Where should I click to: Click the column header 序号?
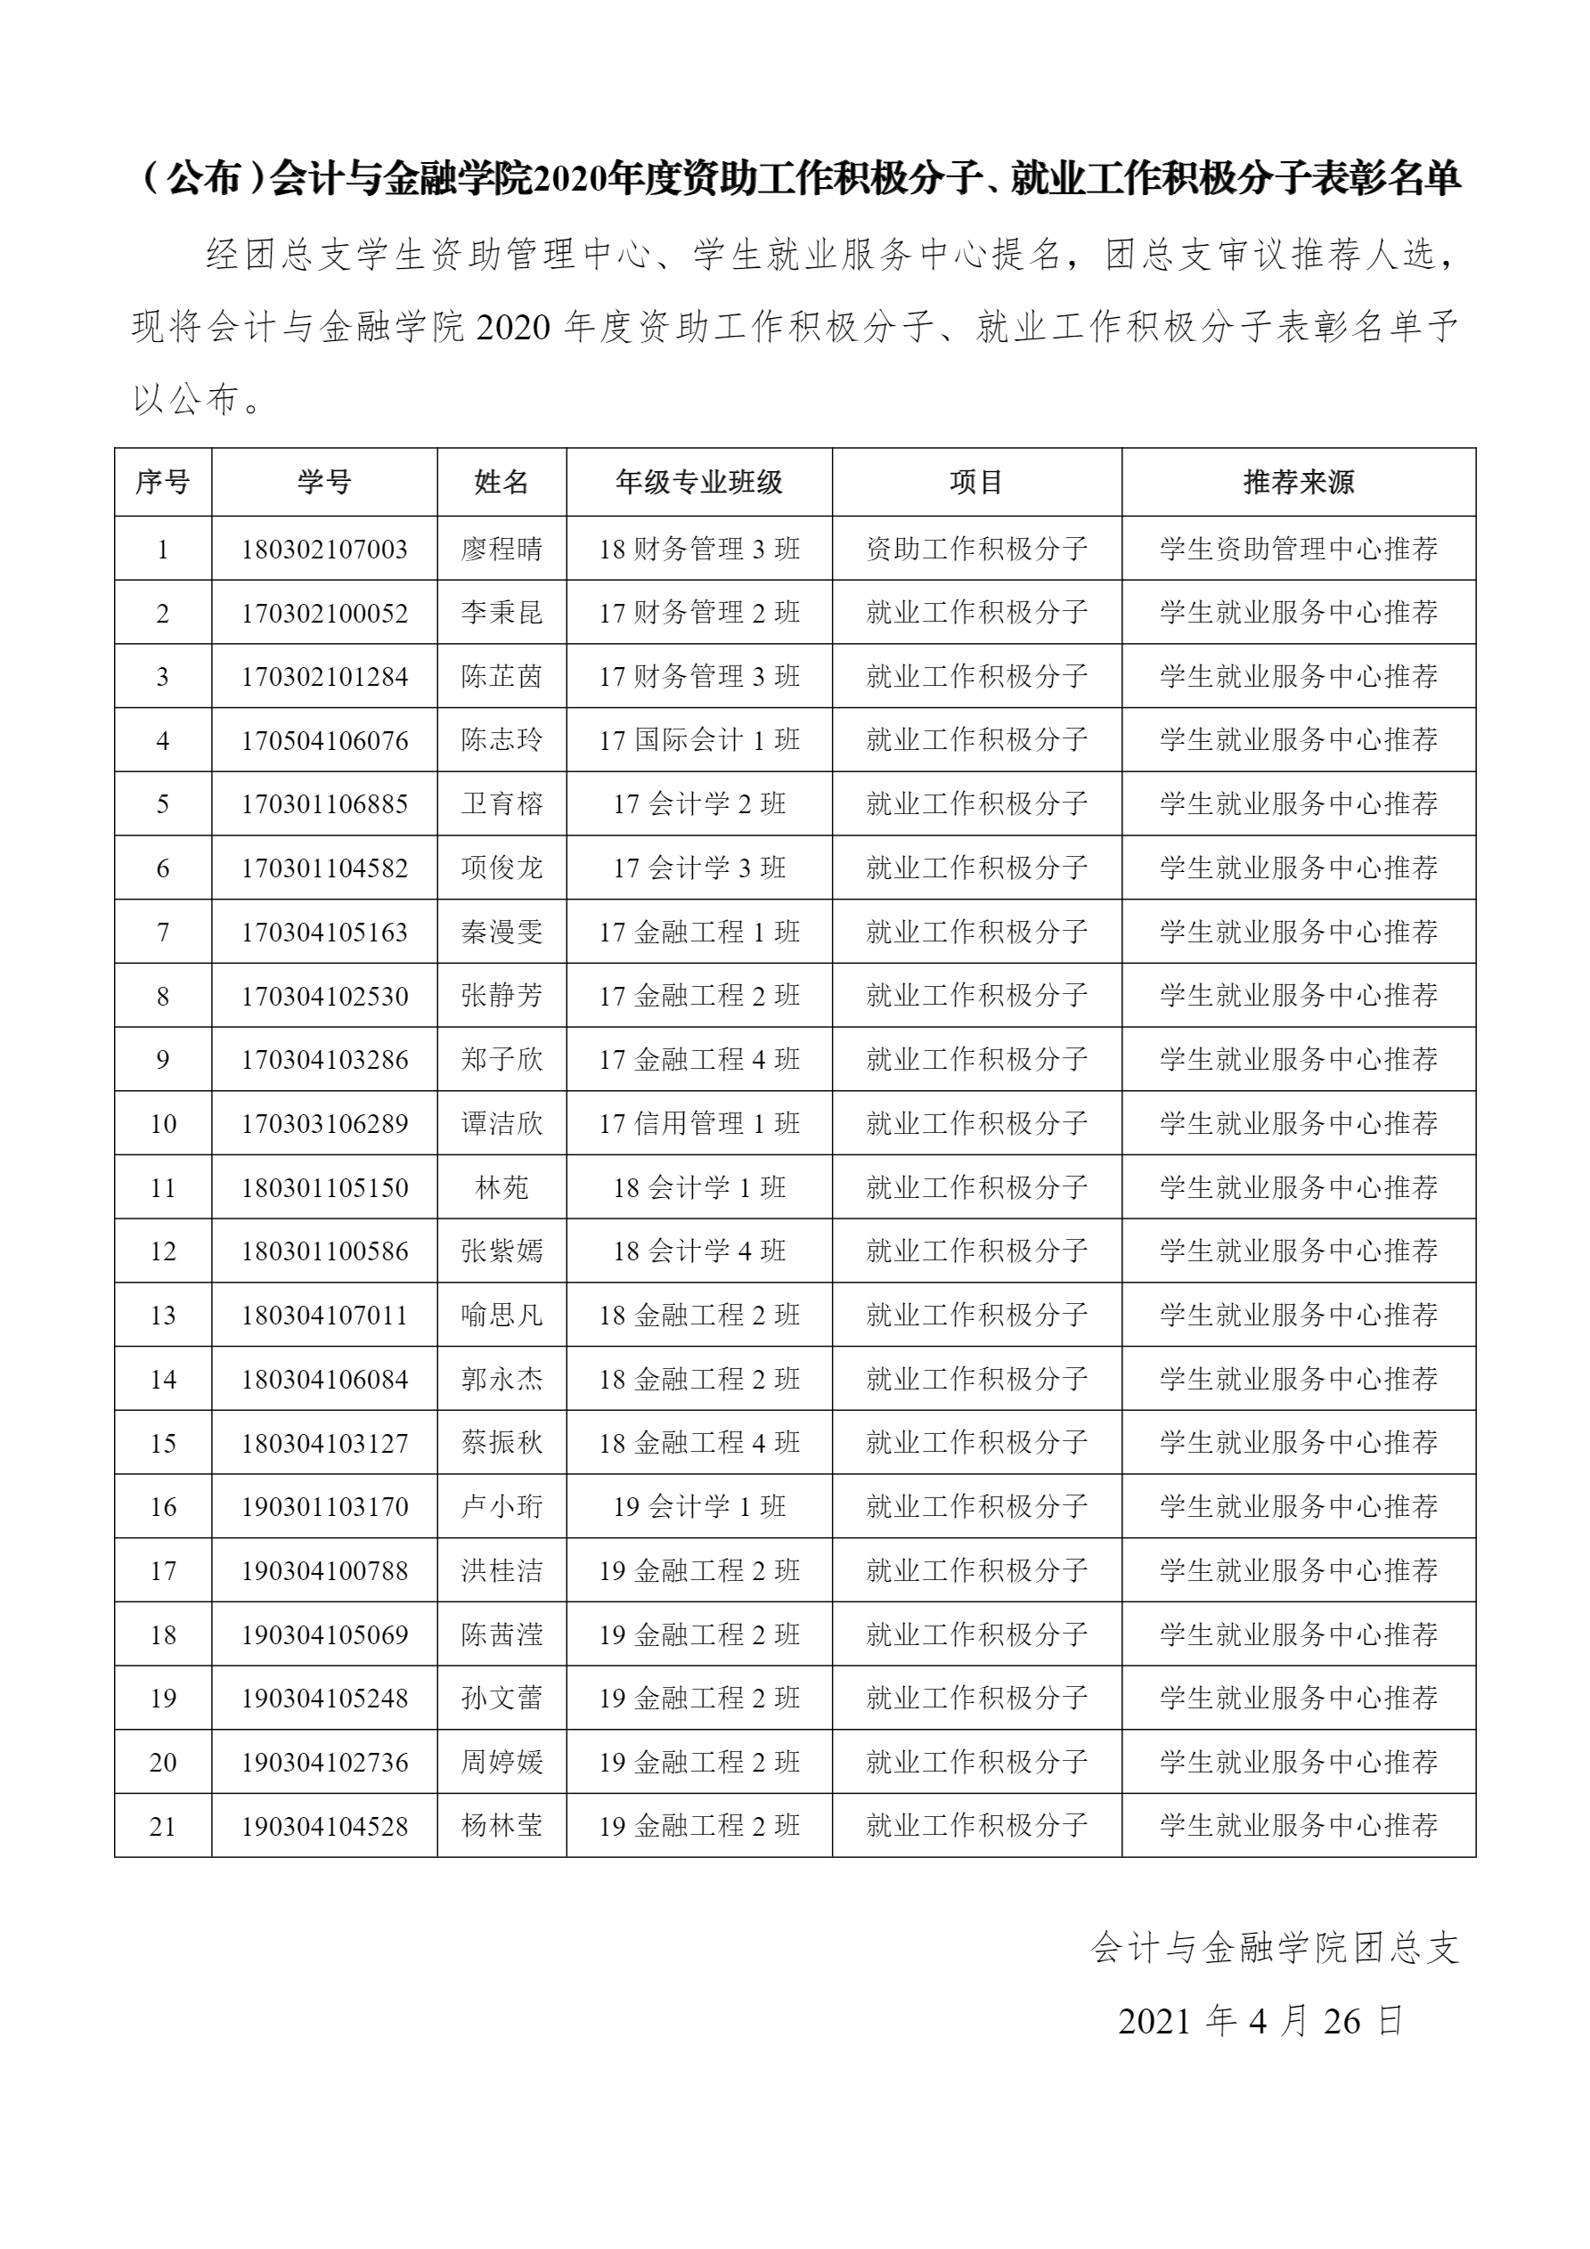pos(163,482)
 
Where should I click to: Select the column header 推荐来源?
pos(1298,482)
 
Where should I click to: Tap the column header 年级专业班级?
pos(698,482)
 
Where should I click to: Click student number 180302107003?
pos(324,550)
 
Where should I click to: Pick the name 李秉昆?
pos(501,613)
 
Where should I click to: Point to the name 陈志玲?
pos(501,740)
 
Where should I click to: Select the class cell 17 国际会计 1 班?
pos(698,740)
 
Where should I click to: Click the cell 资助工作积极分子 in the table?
pos(977,550)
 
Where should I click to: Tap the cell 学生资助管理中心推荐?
pos(1298,550)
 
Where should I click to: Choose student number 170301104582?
pos(324,868)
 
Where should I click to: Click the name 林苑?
pos(501,1188)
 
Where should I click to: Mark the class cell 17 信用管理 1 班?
pos(698,1123)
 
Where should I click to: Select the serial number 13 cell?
pos(163,1316)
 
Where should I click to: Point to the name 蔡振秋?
pos(501,1443)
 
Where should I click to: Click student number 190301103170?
pos(324,1506)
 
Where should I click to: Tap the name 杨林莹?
pos(501,1826)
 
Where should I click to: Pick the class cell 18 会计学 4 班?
pos(698,1251)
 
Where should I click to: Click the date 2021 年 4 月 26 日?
pos(1260,2021)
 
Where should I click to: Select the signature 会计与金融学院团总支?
pos(1275,1948)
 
